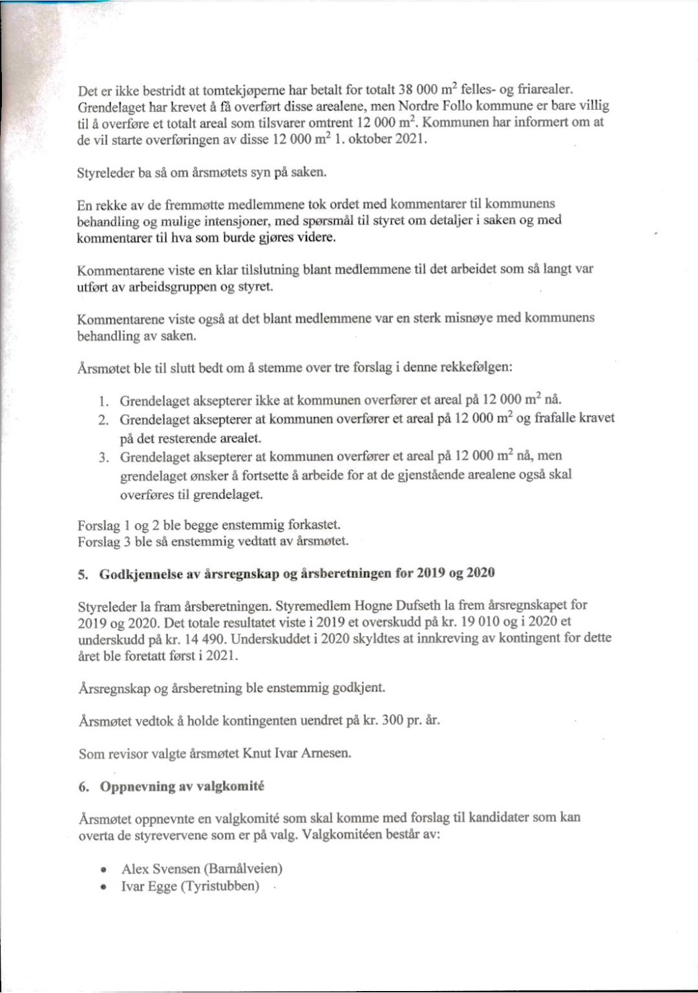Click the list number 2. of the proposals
click(103, 420)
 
